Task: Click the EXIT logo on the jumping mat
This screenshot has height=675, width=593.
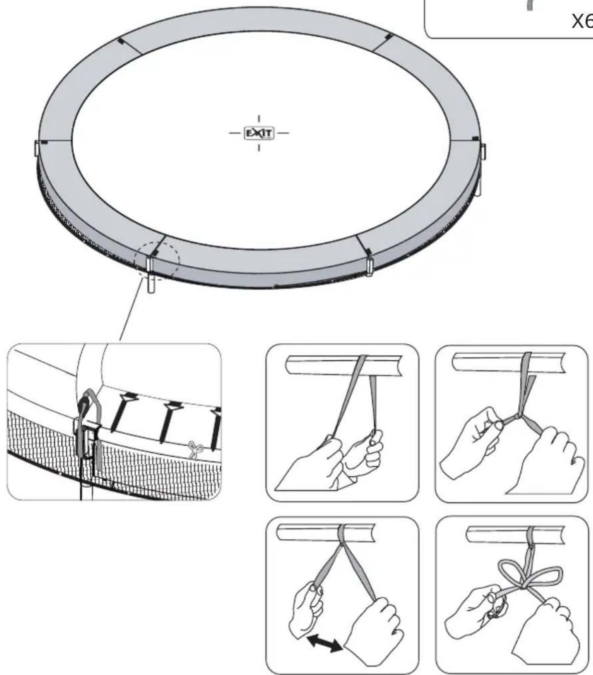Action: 259,133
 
